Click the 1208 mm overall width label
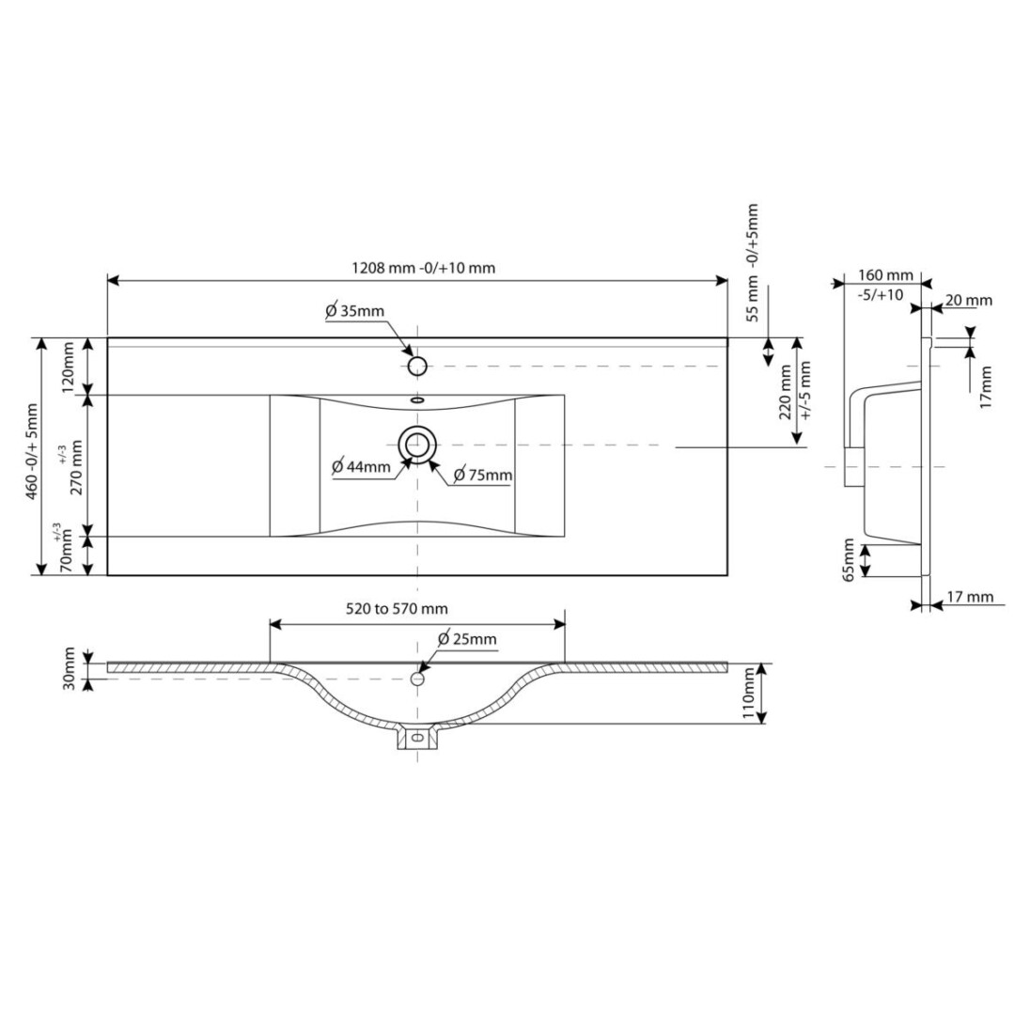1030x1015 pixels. [x=424, y=268]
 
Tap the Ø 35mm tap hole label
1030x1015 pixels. [x=354, y=311]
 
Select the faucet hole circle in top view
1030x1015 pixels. [x=417, y=366]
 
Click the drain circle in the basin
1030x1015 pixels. [x=417, y=445]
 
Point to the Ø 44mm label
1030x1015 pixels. [x=361, y=467]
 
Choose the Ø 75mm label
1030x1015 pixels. [x=483, y=475]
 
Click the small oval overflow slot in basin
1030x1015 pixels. [x=417, y=399]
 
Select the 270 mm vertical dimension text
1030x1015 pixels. [x=76, y=467]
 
